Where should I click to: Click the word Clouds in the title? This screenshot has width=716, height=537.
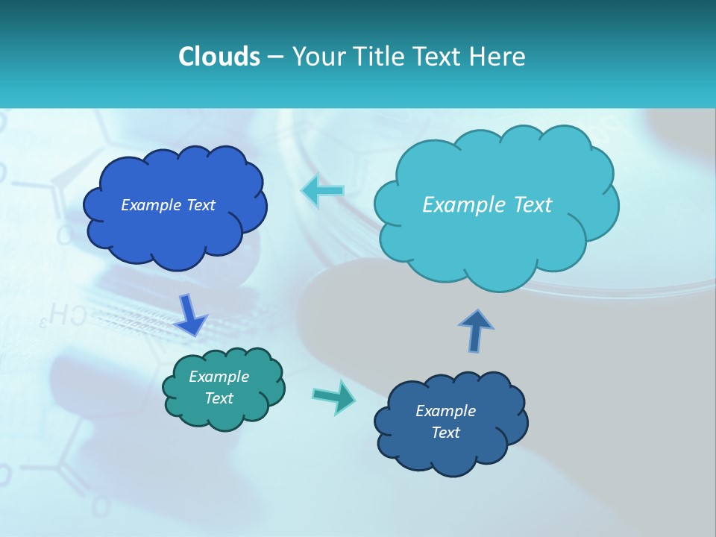click(x=219, y=57)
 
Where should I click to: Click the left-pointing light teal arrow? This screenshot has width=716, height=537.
click(x=323, y=191)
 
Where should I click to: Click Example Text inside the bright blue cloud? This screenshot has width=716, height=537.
click(x=168, y=205)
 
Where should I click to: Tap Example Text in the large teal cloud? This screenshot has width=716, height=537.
click(x=487, y=205)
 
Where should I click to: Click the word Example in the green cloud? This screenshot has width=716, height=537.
click(x=219, y=377)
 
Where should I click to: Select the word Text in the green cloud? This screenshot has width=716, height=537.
click(x=219, y=398)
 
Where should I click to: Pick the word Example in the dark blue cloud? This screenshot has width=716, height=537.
click(x=445, y=411)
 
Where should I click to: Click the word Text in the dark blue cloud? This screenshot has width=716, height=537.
click(x=445, y=433)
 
